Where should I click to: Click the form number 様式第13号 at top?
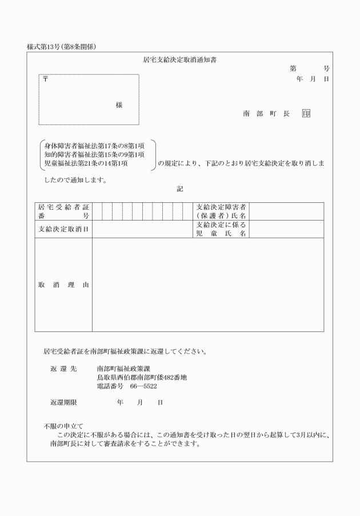45,46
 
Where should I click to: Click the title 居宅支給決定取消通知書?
179,59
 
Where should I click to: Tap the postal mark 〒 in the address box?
45,79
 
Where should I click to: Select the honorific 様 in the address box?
119,105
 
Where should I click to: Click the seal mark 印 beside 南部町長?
306,114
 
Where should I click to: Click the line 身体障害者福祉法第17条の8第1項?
94,146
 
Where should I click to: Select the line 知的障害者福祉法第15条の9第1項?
94,154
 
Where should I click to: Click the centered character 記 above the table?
180,189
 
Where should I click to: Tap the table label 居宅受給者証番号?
63,211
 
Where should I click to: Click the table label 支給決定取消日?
63,229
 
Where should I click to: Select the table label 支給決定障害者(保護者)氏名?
221,211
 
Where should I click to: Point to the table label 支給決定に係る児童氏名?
221,229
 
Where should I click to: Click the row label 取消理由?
63,285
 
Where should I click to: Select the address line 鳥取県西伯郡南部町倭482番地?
142,378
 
